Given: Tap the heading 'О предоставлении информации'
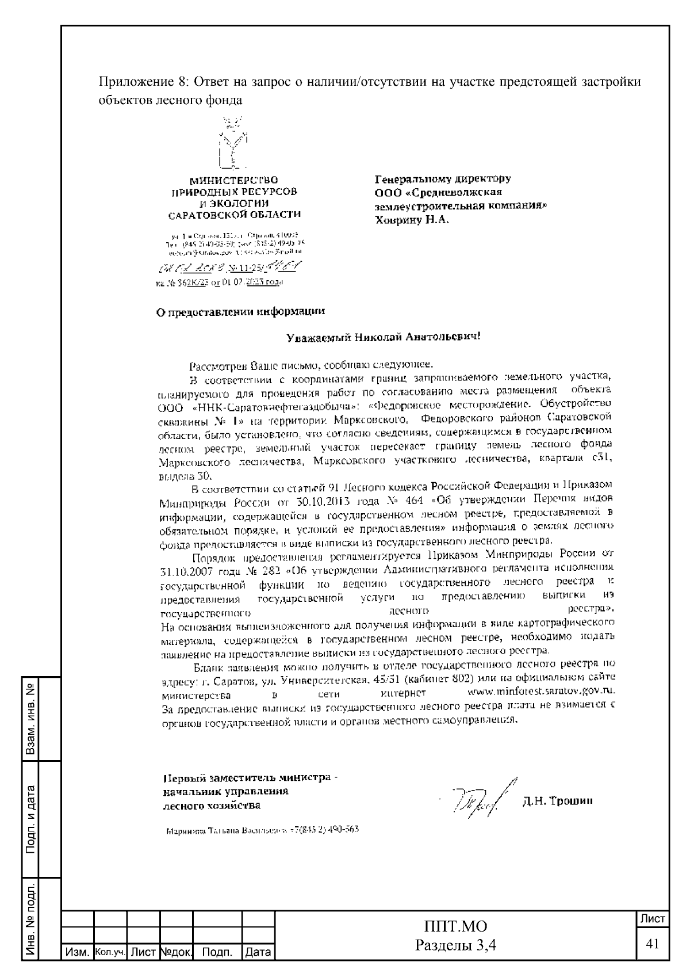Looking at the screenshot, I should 241,312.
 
